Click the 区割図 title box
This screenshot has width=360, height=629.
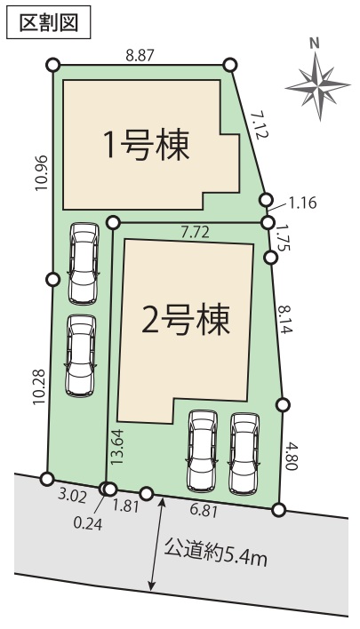tap(49, 22)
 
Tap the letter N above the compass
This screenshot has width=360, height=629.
tap(315, 44)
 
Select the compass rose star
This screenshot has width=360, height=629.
tap(318, 86)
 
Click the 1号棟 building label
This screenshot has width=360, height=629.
tap(146, 146)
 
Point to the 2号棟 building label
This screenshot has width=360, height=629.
tap(185, 320)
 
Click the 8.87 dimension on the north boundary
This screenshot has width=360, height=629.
tap(140, 55)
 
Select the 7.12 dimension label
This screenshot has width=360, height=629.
tap(257, 125)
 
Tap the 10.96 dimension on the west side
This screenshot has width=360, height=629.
tap(42, 173)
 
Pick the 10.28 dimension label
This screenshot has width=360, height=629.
tap(42, 386)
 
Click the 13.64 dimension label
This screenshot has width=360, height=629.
tap(117, 447)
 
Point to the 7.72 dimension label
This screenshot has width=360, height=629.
tap(195, 233)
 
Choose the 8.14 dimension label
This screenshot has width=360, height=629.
tap(285, 319)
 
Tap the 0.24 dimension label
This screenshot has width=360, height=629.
tap(88, 523)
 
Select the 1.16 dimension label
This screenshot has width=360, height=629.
tap(302, 203)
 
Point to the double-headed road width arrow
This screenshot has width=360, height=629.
tap(157, 544)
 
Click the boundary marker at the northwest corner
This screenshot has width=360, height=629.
tap(53, 65)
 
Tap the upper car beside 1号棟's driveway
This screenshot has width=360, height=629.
tap(84, 264)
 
